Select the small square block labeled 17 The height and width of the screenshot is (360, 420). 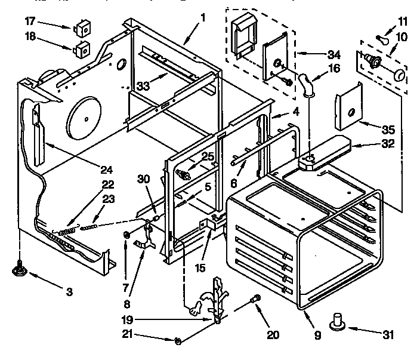[80, 28]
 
